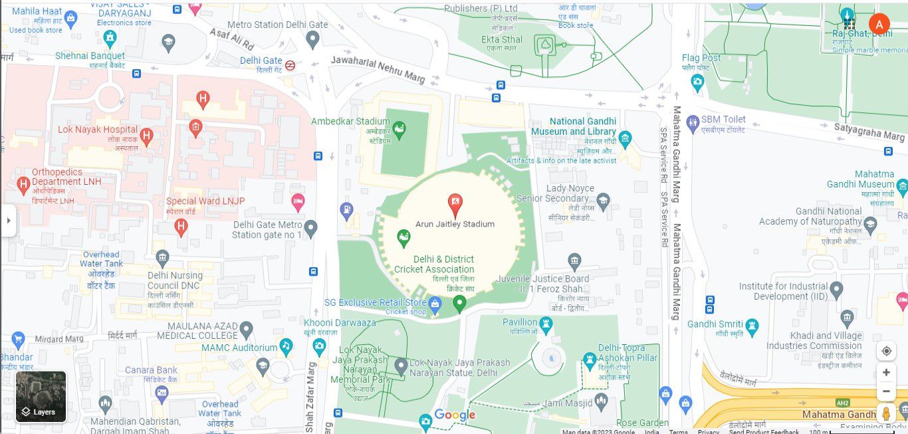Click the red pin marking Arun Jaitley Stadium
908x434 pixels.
click(x=455, y=205)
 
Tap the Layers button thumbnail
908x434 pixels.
click(x=41, y=397)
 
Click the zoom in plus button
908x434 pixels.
click(x=886, y=372)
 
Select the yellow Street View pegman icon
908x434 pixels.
click(x=886, y=413)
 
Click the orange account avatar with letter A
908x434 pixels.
click(x=879, y=25)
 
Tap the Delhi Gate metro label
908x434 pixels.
click(x=261, y=60)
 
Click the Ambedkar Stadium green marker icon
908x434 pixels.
click(x=399, y=129)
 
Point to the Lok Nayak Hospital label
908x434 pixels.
click(x=98, y=130)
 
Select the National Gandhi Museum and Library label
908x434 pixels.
click(x=574, y=126)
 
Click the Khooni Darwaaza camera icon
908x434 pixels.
click(x=320, y=346)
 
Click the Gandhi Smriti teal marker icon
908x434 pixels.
click(x=752, y=325)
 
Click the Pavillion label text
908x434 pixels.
click(x=520, y=322)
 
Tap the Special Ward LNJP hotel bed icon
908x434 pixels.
click(x=298, y=201)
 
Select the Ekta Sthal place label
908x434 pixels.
click(x=502, y=39)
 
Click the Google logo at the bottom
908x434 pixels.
click(x=455, y=415)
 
